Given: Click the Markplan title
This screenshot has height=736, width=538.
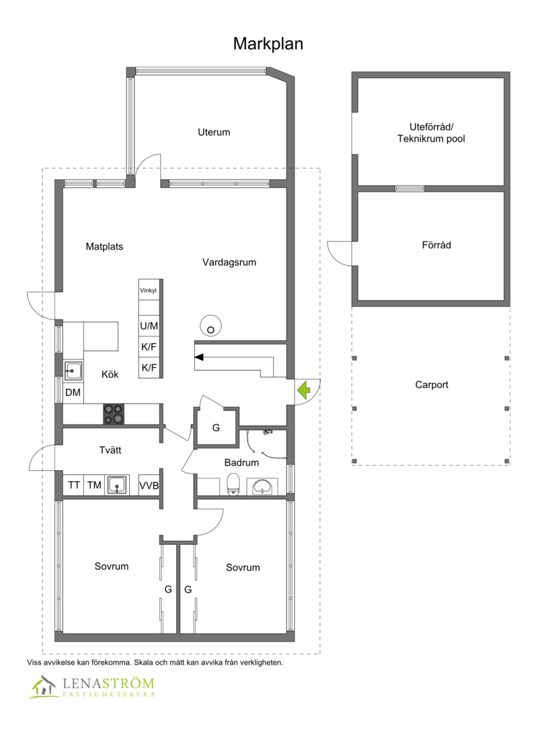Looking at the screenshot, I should click(268, 44).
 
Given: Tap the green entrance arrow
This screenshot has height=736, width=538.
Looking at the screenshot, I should click(303, 389).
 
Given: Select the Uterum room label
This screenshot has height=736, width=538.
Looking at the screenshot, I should click(214, 132).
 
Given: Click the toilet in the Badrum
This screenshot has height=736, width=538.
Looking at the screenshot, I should click(234, 484).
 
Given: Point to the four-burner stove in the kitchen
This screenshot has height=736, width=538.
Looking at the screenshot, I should click(113, 414).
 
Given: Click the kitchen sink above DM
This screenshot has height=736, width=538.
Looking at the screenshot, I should click(73, 369).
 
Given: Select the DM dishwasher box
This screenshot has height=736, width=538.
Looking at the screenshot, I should click(73, 393).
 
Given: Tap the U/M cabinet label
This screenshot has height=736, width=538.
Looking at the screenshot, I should click(149, 326).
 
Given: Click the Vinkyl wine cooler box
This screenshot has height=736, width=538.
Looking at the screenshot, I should click(148, 291).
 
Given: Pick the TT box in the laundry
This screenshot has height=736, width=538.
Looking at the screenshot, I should click(73, 485).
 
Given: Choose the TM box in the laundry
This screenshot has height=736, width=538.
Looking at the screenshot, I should click(94, 485).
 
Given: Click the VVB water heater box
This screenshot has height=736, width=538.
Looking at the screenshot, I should click(149, 485).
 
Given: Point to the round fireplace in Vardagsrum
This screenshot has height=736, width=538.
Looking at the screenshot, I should click(211, 326).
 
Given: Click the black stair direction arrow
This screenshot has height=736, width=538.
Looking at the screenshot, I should click(200, 357).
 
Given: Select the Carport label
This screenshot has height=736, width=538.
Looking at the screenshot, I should click(431, 385).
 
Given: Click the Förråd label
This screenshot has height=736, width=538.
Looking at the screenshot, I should click(431, 246).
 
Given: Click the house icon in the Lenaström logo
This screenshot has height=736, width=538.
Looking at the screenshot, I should click(43, 687).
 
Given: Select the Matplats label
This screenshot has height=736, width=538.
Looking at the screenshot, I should click(104, 247).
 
